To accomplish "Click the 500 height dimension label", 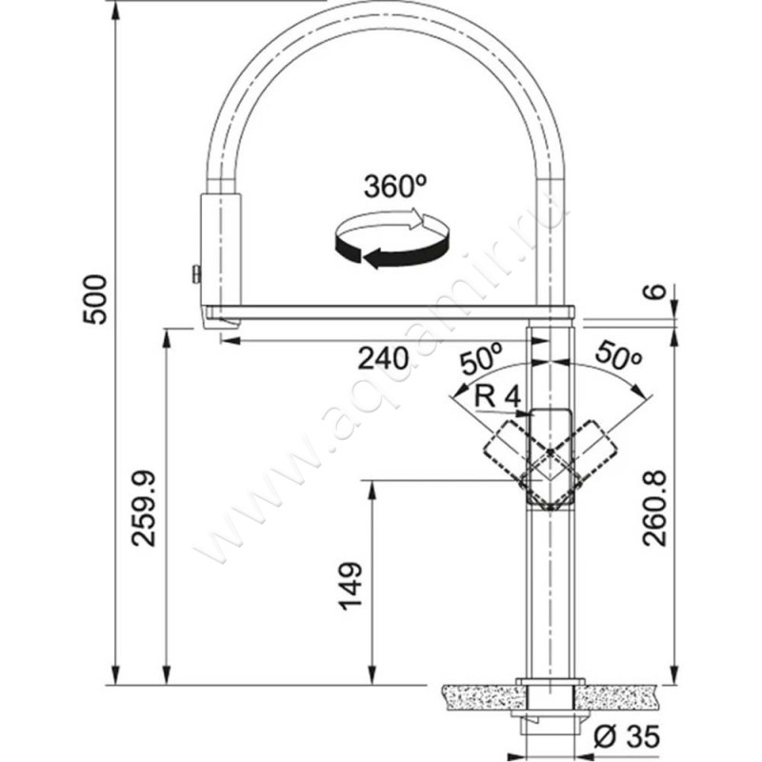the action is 94,300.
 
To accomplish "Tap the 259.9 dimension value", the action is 145,509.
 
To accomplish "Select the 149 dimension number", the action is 351,586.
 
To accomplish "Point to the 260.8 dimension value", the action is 654,509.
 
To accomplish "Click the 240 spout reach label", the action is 384,359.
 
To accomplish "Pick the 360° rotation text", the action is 395,187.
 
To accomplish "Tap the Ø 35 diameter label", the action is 627,736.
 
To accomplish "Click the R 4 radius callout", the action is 497,397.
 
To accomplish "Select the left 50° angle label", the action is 481,358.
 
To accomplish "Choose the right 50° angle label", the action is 618,355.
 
